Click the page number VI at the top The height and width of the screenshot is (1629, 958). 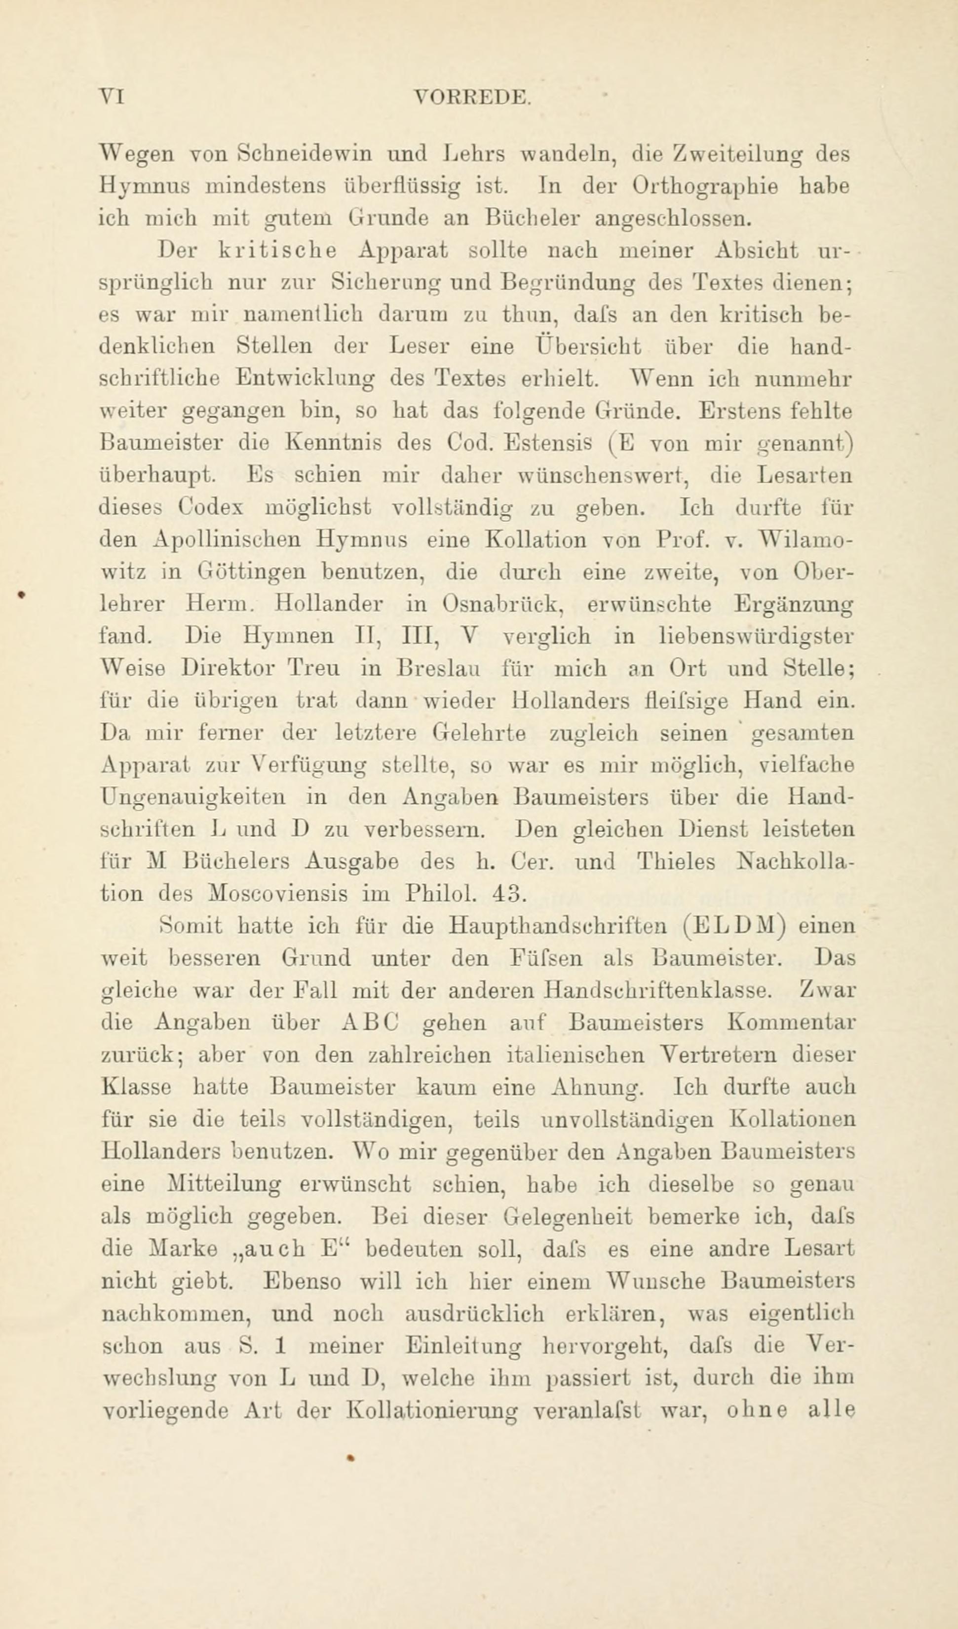(111, 96)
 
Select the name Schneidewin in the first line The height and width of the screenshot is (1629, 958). (305, 155)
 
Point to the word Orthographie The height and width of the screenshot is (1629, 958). (707, 188)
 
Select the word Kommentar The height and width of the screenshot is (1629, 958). (792, 1022)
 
